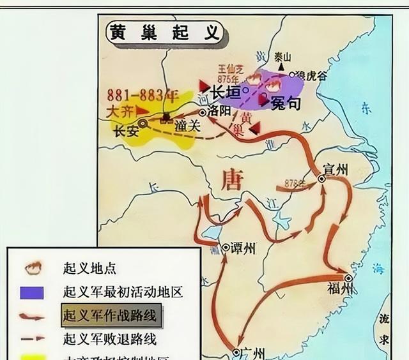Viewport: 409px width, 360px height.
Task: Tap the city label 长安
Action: coord(126,133)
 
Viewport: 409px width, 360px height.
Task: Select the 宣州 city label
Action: coord(336,170)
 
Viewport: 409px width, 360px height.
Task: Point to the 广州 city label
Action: coord(245,352)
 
